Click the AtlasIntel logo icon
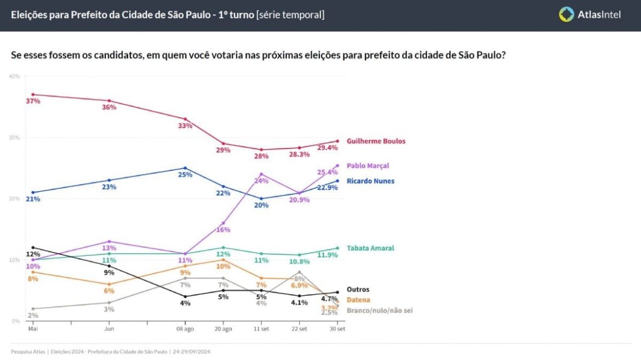coord(566,15)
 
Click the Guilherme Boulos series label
coord(376,141)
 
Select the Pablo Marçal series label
coord(368,165)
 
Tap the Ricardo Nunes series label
coord(370,181)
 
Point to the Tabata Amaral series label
coord(370,248)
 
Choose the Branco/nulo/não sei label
coord(379,310)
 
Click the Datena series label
coord(358,300)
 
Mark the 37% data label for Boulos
coord(33,101)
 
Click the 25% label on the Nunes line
coord(185,175)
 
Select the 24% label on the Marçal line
coord(261,181)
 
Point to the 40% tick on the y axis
coord(14,76)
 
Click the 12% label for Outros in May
coord(33,254)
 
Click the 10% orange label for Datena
coord(223,266)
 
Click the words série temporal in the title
coord(290,15)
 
